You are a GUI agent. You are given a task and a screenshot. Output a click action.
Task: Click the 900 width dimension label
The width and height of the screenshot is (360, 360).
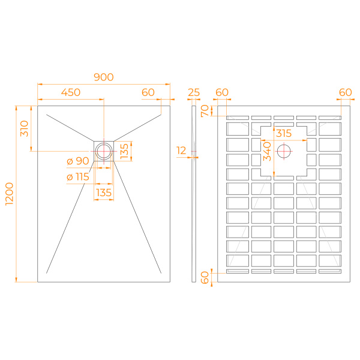pyautogui.click(x=104, y=77)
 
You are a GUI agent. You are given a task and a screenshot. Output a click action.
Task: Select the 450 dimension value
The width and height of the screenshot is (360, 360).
pyautogui.click(x=71, y=92)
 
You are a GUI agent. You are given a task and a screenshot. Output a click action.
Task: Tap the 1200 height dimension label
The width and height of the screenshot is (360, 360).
pyautogui.click(x=8, y=194)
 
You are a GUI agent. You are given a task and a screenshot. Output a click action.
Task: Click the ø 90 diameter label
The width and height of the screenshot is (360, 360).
pyautogui.click(x=78, y=161)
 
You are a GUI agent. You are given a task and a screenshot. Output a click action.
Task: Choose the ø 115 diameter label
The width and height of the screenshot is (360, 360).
pyautogui.click(x=78, y=177)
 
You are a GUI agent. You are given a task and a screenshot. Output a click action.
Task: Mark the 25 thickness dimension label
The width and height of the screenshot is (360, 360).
pyautogui.click(x=193, y=92)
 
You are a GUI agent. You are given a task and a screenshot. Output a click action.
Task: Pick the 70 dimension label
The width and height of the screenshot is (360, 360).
pyautogui.click(x=205, y=110)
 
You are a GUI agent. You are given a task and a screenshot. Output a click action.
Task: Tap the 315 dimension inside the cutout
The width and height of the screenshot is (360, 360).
pyautogui.click(x=284, y=133)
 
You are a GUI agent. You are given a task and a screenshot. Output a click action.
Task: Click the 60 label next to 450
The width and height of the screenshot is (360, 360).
pyautogui.click(x=148, y=92)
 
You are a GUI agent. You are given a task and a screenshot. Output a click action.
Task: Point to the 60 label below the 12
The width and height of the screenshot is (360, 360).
pyautogui.click(x=205, y=277)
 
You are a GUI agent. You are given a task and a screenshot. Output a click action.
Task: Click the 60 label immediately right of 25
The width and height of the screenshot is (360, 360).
pyautogui.click(x=222, y=92)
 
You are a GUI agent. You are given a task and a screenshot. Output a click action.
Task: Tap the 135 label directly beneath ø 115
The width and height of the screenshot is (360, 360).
pyautogui.click(x=104, y=193)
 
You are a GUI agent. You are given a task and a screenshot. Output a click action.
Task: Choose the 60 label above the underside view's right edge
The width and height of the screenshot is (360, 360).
pyautogui.click(x=345, y=92)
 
